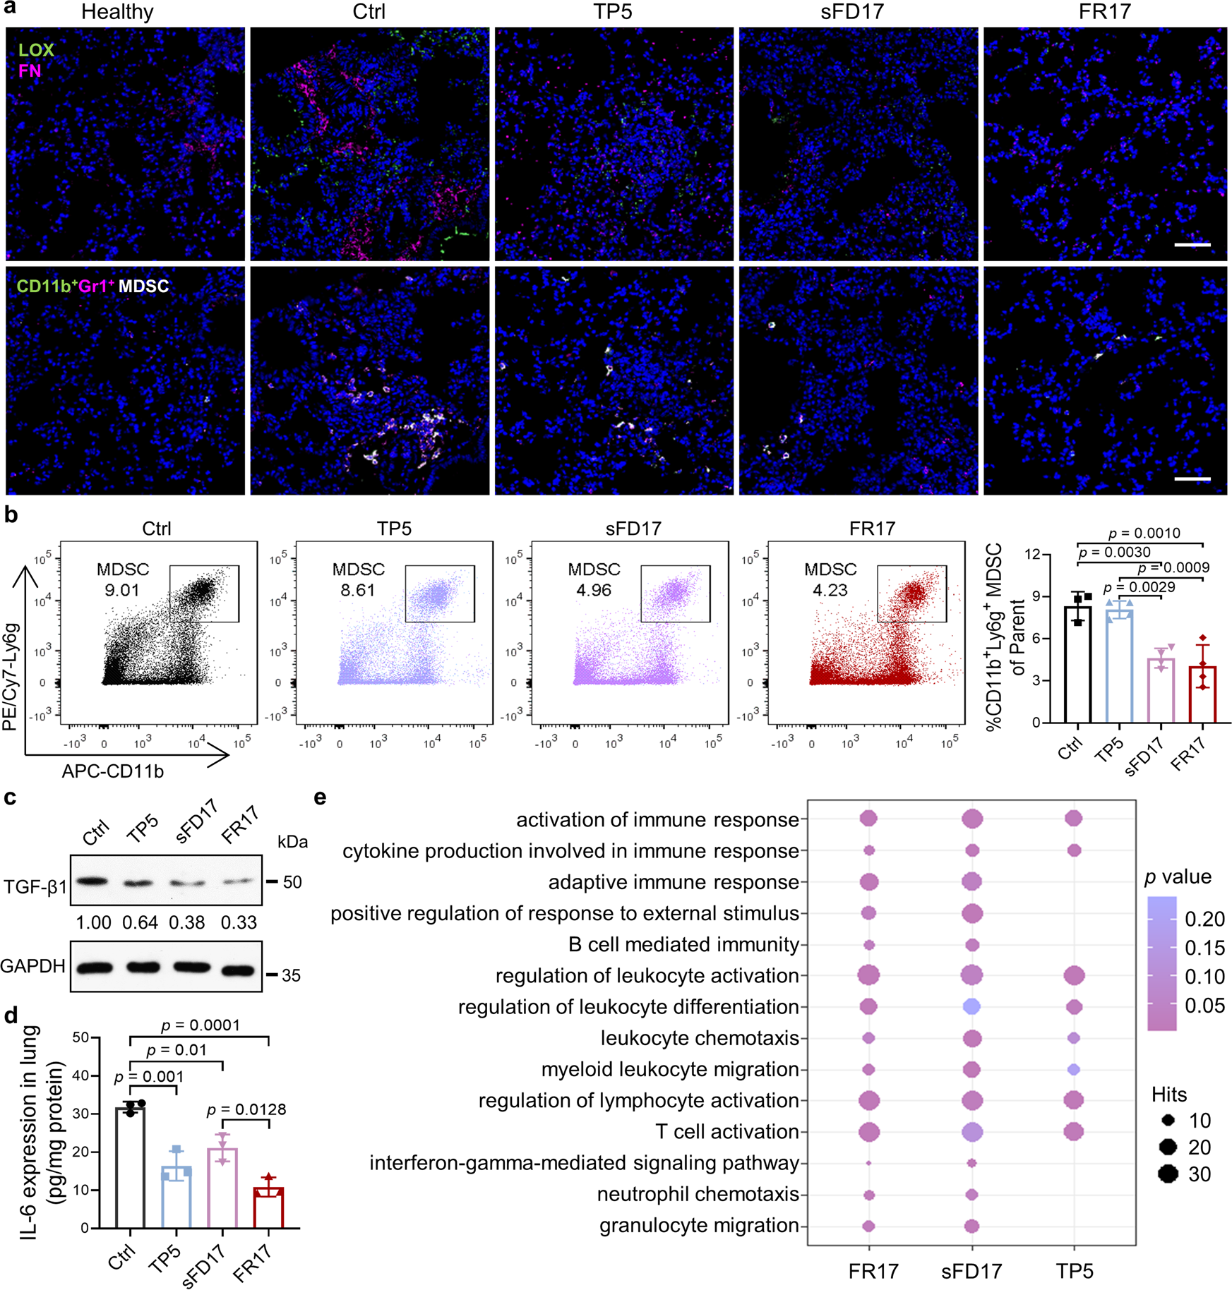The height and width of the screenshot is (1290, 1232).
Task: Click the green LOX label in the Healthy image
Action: point(36,50)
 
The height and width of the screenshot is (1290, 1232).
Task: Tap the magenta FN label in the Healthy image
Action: point(30,71)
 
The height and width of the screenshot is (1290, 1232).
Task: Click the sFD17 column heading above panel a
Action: point(852,12)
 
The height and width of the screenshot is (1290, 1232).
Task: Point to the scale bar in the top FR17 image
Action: point(1192,245)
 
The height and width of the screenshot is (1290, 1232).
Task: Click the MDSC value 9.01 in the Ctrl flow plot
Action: point(122,590)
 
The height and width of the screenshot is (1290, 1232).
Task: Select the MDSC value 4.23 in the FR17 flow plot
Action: point(830,590)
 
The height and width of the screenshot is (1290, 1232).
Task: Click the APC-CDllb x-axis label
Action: point(113,771)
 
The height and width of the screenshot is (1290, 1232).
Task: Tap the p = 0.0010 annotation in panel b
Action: point(1144,534)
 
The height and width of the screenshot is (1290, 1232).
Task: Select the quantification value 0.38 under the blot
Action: point(187,922)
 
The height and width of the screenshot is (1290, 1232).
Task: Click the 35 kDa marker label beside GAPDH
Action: point(291,975)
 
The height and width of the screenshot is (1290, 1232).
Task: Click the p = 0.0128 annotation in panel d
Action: point(246,1109)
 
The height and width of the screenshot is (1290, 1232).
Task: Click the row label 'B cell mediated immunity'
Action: point(683,944)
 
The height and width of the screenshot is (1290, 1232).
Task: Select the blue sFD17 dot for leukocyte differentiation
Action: point(971,1007)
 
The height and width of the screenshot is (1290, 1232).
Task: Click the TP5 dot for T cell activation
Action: point(1074,1132)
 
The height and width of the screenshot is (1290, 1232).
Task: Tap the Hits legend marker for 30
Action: point(1168,1174)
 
